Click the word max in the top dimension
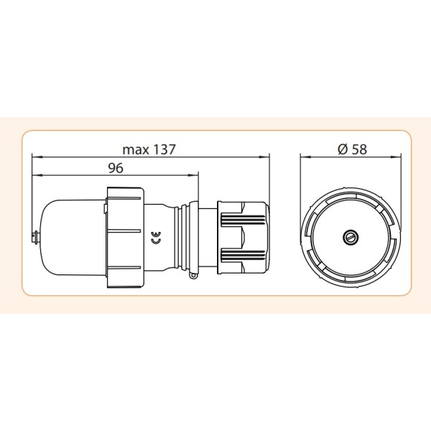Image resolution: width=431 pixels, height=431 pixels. (134, 150)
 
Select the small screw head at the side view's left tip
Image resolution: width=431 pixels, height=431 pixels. (34, 235)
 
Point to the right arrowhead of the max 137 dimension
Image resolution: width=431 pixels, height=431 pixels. (267, 157)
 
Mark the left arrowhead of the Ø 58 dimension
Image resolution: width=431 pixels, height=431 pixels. (302, 157)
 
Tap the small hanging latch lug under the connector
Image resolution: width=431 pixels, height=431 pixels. (192, 273)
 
